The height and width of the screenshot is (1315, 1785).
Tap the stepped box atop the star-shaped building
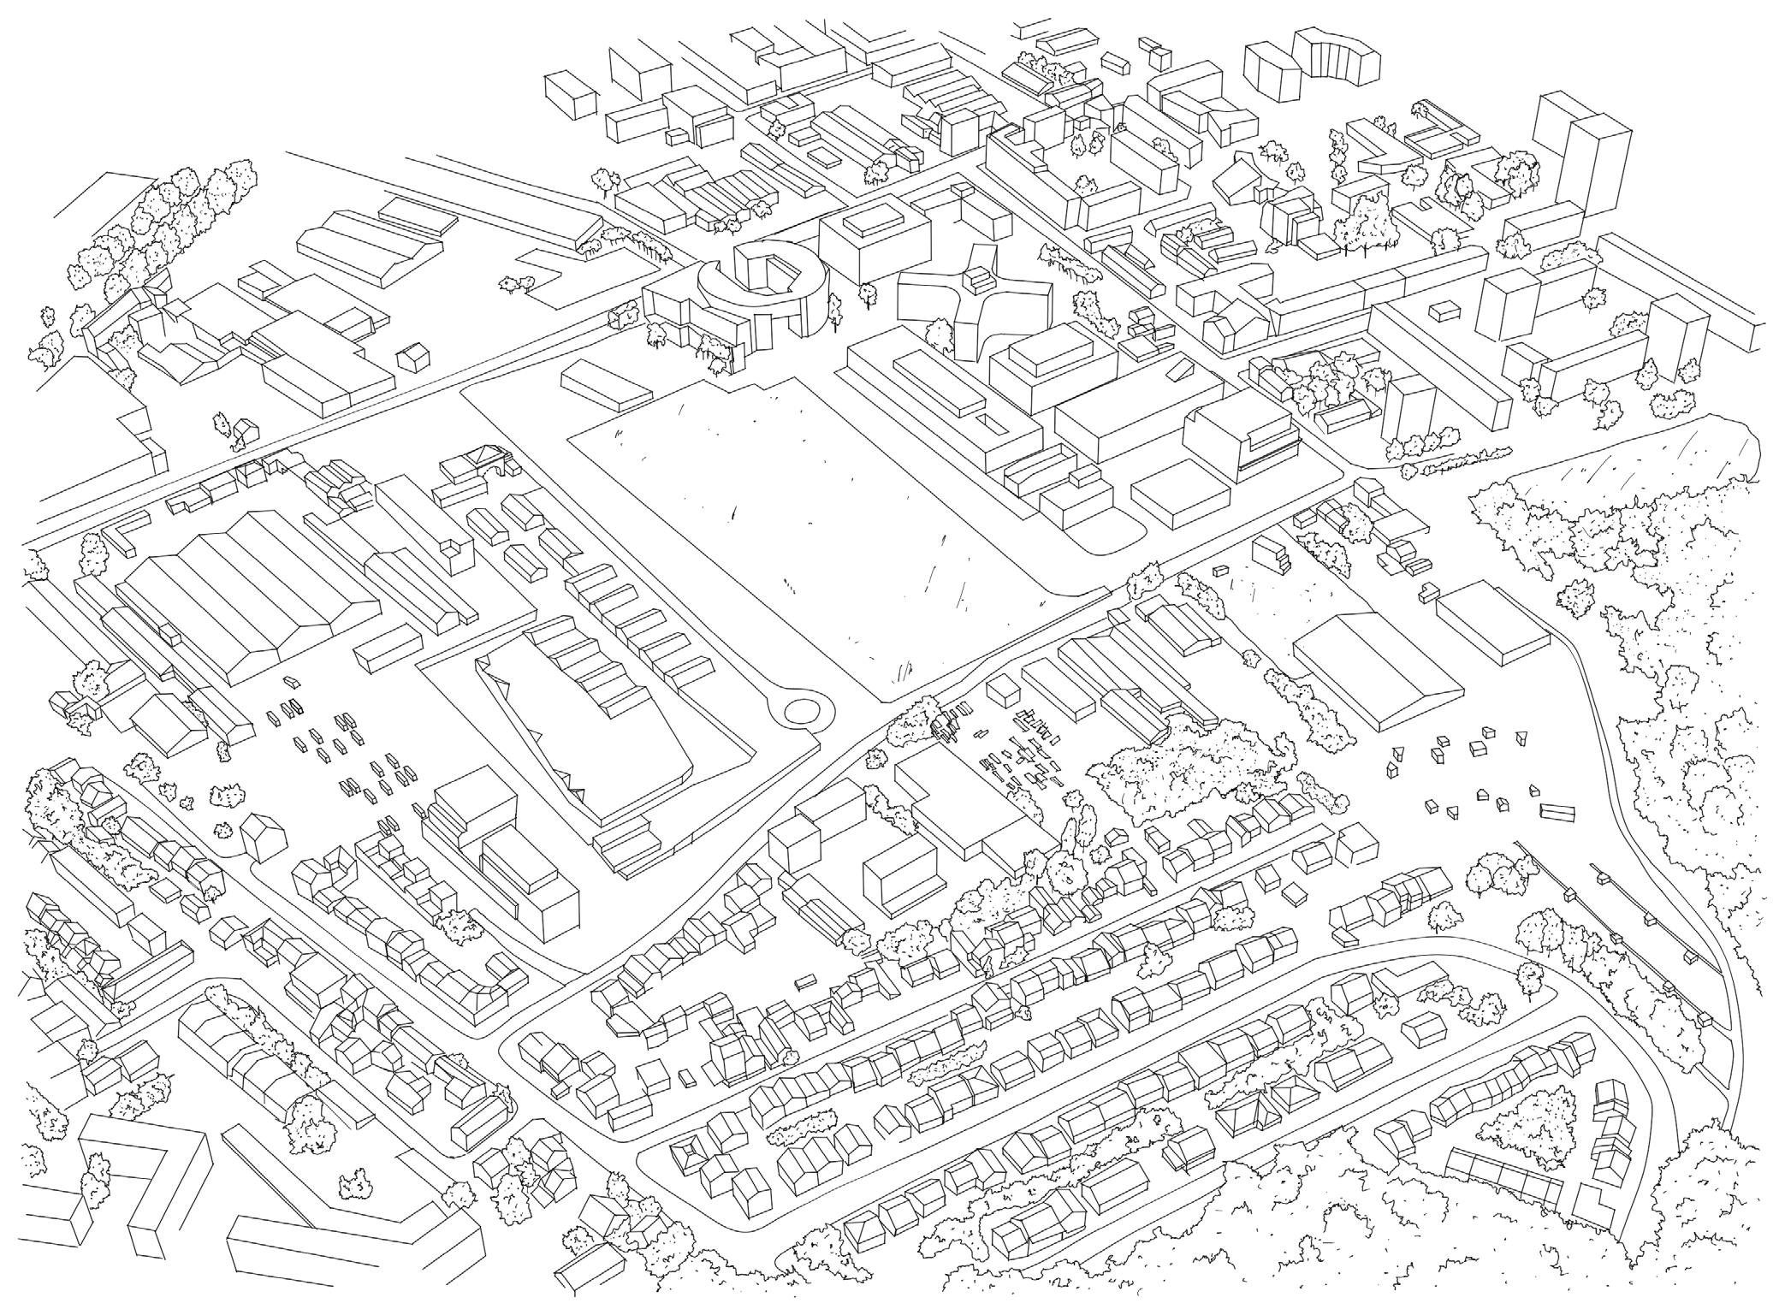tap(978, 277)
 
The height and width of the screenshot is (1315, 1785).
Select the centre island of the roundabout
tap(801, 709)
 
